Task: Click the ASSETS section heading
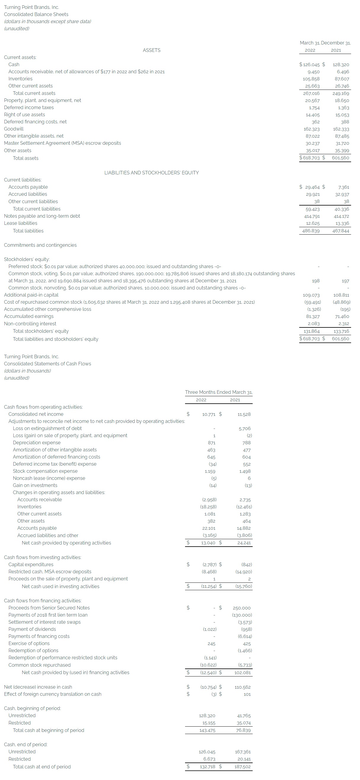tap(152, 50)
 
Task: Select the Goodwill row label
tap(14, 129)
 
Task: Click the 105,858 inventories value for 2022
tap(311, 79)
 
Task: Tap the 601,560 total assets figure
tap(340, 158)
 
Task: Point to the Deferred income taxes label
tap(29, 107)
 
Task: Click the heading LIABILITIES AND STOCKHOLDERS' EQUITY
tap(152, 173)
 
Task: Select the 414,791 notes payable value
tap(312, 216)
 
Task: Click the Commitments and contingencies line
tap(40, 245)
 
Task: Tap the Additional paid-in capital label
tap(31, 295)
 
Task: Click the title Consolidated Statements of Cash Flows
tap(47, 364)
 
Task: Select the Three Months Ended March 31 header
tap(219, 392)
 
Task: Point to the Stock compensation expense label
tap(45, 471)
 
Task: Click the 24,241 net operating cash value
tap(244, 543)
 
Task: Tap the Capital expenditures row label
tap(31, 564)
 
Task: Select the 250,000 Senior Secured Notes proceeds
tap(242, 608)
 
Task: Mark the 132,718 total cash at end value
tap(207, 767)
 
